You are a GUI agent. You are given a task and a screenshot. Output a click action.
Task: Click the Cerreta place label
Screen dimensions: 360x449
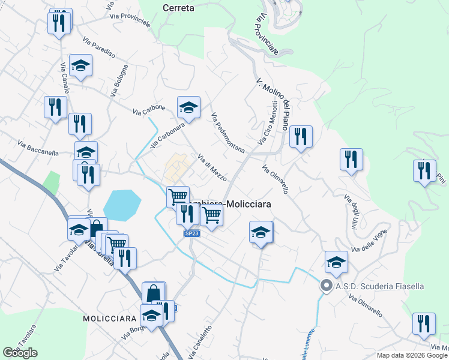click(178, 8)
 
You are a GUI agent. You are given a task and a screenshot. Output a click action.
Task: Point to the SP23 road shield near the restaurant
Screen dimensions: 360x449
click(191, 233)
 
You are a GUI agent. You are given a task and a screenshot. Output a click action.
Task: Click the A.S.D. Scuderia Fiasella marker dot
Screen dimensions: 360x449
click(326, 286)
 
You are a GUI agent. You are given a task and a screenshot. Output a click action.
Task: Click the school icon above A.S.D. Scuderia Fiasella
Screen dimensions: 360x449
click(336, 261)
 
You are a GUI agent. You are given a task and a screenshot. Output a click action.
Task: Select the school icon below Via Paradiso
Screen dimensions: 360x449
click(80, 65)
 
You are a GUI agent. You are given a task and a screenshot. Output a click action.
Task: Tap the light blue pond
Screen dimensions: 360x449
click(122, 205)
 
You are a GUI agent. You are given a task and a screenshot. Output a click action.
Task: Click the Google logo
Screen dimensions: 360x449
click(20, 353)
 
